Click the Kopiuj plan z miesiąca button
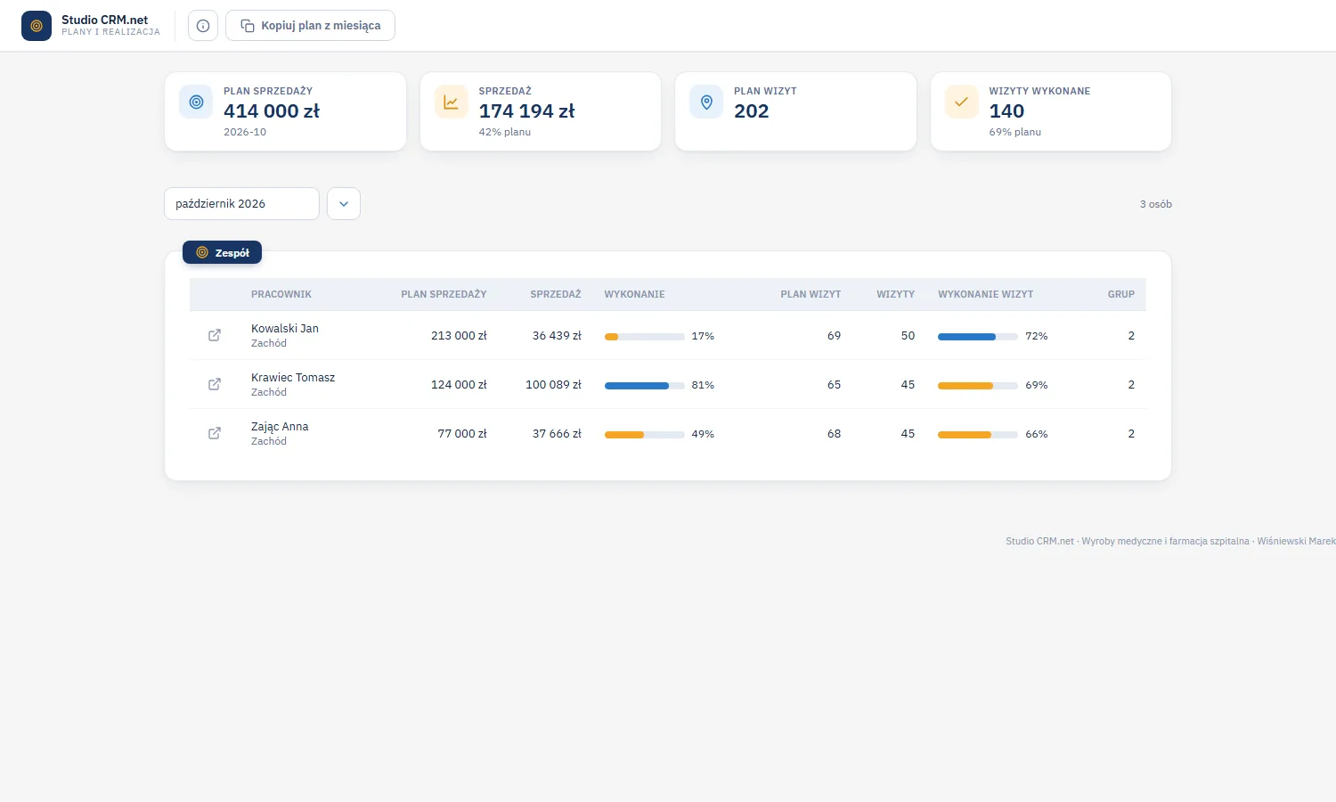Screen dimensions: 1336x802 pos(310,26)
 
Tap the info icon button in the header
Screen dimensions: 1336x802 pos(203,26)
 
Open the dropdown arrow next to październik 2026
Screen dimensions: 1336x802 pos(344,203)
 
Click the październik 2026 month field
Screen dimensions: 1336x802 pos(241,203)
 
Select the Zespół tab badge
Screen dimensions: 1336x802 pos(222,252)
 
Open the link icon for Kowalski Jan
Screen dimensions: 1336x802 pos(215,335)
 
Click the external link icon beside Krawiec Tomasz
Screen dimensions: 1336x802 pos(215,384)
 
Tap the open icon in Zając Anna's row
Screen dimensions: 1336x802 pos(215,433)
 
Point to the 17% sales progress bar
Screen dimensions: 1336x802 pos(644,337)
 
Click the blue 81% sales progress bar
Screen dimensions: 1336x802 pos(644,386)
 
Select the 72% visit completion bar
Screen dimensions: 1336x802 pos(978,337)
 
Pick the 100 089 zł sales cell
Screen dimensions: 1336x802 pos(553,385)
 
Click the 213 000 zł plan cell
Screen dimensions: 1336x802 pos(459,336)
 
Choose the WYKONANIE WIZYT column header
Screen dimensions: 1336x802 pos(985,294)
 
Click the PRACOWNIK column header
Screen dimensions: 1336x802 pos(281,294)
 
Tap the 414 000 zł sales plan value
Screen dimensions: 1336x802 pos(272,111)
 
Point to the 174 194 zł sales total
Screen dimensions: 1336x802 pos(526,111)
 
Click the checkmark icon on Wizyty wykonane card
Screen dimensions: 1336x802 pos(961,102)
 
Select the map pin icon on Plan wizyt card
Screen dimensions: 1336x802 pos(706,102)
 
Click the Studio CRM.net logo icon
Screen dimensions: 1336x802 pos(37,26)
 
